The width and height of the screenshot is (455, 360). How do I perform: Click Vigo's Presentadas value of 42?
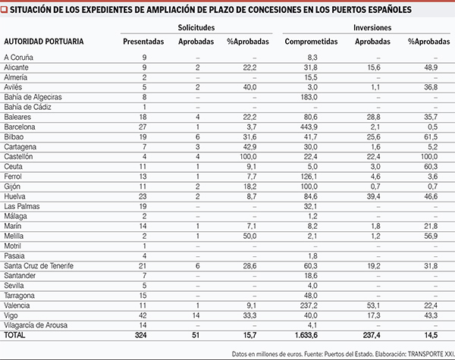tap(143, 315)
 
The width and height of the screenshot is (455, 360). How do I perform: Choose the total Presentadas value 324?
tap(143, 334)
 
